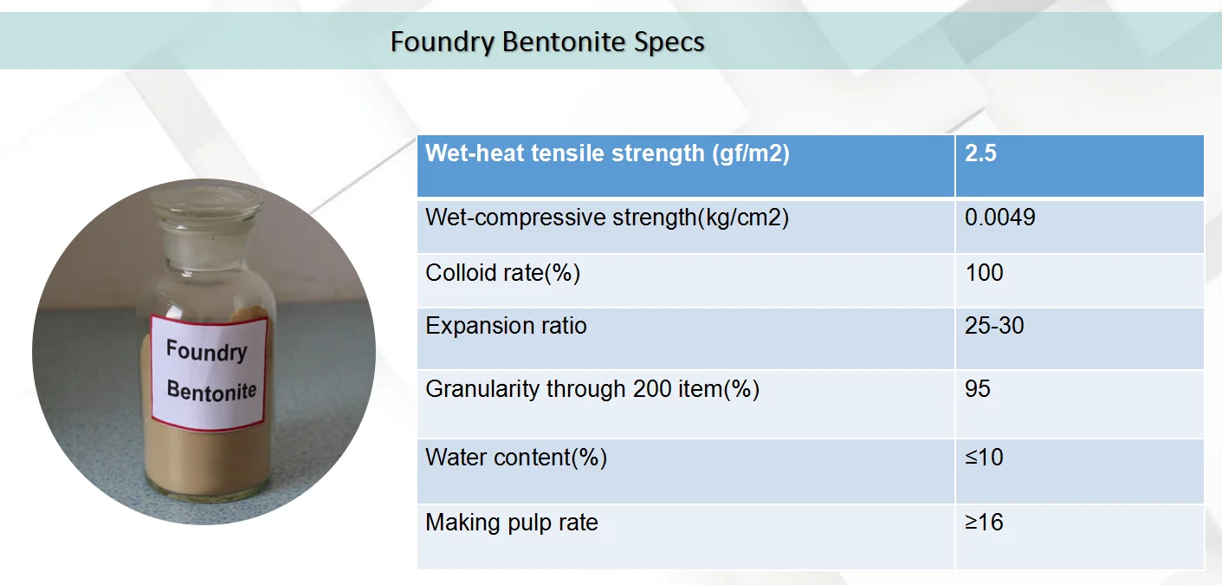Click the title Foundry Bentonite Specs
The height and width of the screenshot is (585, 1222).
[x=547, y=42]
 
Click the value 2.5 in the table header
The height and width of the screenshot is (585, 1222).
[x=980, y=153]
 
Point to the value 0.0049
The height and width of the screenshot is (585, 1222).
[x=1000, y=218]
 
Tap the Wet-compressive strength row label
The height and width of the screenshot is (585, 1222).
[x=607, y=218]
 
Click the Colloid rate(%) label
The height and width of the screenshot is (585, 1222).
[x=502, y=273]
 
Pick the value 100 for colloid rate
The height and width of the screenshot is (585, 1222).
[x=984, y=273]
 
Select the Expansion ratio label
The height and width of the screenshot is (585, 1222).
[x=506, y=326]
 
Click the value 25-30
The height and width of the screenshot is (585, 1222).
[x=994, y=326]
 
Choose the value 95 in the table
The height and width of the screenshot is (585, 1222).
[x=977, y=389]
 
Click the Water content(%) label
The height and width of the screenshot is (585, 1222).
[x=516, y=458]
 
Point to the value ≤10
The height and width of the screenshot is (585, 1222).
[x=984, y=458]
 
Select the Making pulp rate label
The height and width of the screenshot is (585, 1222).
[x=512, y=523]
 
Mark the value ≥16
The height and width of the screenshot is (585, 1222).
[x=984, y=523]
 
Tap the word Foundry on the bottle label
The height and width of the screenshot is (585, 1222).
[x=206, y=350]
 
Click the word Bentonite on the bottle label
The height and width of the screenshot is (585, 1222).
[x=211, y=391]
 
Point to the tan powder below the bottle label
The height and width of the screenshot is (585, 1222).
[x=207, y=458]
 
